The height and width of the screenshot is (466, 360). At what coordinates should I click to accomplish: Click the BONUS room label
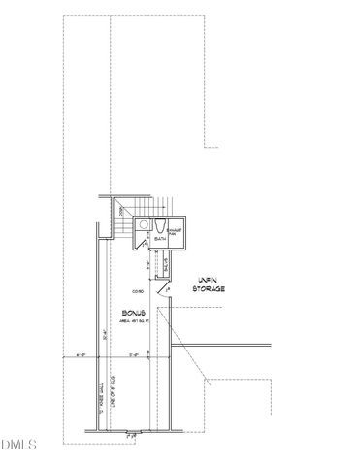135,313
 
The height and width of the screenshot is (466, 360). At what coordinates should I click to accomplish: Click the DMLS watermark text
18,448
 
